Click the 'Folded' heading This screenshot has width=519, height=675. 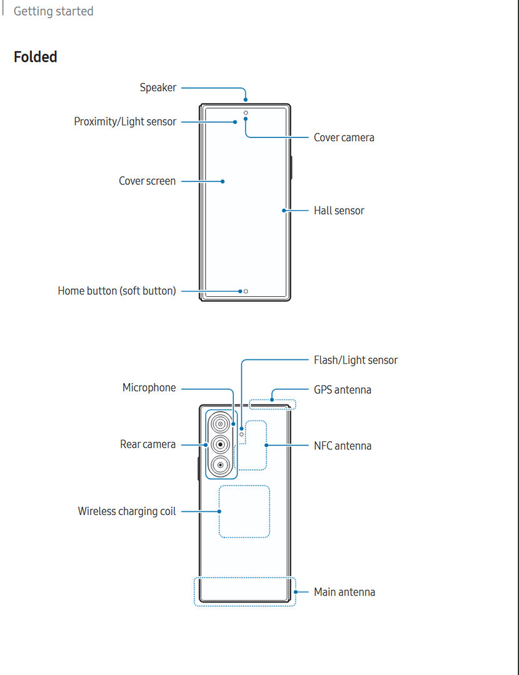click(36, 57)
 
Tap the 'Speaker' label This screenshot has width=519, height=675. click(158, 88)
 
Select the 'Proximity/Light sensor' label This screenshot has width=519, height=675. click(125, 122)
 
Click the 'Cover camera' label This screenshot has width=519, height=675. click(344, 137)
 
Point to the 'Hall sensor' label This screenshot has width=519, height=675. click(339, 211)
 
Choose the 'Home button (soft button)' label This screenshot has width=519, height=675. click(117, 291)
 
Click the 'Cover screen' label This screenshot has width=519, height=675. click(148, 181)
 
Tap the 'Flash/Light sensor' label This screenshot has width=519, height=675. click(355, 360)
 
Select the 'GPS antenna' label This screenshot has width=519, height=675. click(343, 390)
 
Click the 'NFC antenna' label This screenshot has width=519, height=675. click(343, 446)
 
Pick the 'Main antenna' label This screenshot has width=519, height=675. click(345, 592)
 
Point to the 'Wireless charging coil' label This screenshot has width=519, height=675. click(127, 511)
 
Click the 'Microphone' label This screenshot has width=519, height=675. click(149, 388)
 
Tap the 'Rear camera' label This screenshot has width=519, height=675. click(148, 444)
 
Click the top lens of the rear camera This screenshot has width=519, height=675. click(220, 424)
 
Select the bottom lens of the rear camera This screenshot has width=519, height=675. click(220, 464)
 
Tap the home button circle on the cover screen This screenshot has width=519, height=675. click(246, 291)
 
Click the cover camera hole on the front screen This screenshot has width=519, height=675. click(246, 114)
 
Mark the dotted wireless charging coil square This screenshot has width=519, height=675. click(244, 511)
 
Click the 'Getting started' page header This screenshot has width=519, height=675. click(53, 11)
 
